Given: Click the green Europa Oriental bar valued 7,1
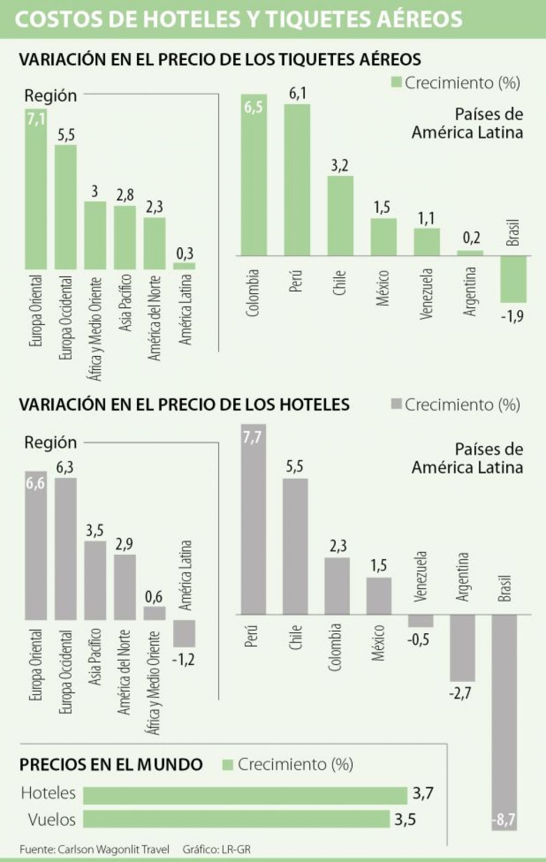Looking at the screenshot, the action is click(36, 188).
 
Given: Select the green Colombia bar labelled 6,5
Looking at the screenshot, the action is click(254, 175).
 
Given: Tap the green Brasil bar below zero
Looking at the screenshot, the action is click(513, 279).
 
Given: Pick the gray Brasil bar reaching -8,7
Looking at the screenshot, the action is click(504, 722).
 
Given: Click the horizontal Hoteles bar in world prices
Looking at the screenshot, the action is click(245, 795).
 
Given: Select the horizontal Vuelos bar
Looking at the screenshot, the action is click(236, 818).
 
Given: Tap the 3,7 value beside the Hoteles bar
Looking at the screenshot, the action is click(423, 793).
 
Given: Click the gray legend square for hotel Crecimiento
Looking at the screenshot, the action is click(396, 404).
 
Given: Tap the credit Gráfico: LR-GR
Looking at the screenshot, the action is click(217, 849).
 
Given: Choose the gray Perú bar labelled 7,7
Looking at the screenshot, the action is click(253, 520).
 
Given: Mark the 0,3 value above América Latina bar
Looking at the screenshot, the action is click(185, 254).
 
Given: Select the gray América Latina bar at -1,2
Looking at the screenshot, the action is click(184, 633).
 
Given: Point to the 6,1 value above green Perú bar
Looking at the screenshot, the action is click(298, 93).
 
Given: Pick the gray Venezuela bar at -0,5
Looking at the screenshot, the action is click(420, 621).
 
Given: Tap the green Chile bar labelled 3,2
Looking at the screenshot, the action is click(341, 216).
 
